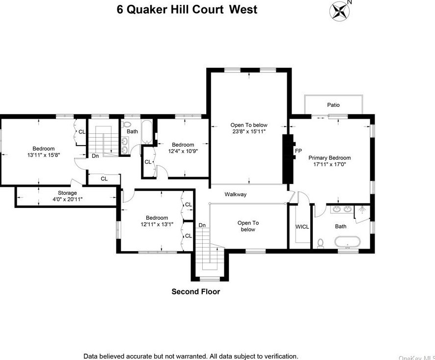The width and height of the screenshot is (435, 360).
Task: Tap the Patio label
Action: click(x=333, y=105)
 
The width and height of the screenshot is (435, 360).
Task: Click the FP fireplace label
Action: click(x=298, y=151)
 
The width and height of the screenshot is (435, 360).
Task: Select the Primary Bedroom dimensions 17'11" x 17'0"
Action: click(x=329, y=165)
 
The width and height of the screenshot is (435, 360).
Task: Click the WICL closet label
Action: click(x=301, y=227)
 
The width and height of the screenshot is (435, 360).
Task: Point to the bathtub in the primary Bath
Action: click(x=348, y=242)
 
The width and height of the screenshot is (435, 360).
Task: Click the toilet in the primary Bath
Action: click(x=321, y=242)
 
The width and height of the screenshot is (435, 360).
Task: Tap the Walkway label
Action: click(x=236, y=194)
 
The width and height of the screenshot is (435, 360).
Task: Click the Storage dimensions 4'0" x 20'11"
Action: click(x=67, y=199)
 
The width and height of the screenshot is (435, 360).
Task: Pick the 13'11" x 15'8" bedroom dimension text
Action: click(x=44, y=155)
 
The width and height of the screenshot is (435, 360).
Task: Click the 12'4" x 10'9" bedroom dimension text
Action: click(x=183, y=152)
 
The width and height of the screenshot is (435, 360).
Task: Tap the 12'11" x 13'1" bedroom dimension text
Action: click(x=157, y=225)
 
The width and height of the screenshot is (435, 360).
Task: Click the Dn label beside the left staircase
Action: click(x=95, y=156)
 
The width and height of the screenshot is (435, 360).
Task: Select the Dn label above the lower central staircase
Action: click(x=201, y=225)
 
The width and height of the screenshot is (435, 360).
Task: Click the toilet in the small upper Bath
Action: click(x=127, y=125)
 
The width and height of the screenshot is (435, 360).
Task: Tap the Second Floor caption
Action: click(x=195, y=292)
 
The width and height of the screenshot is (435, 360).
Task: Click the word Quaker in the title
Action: click(x=148, y=9)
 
